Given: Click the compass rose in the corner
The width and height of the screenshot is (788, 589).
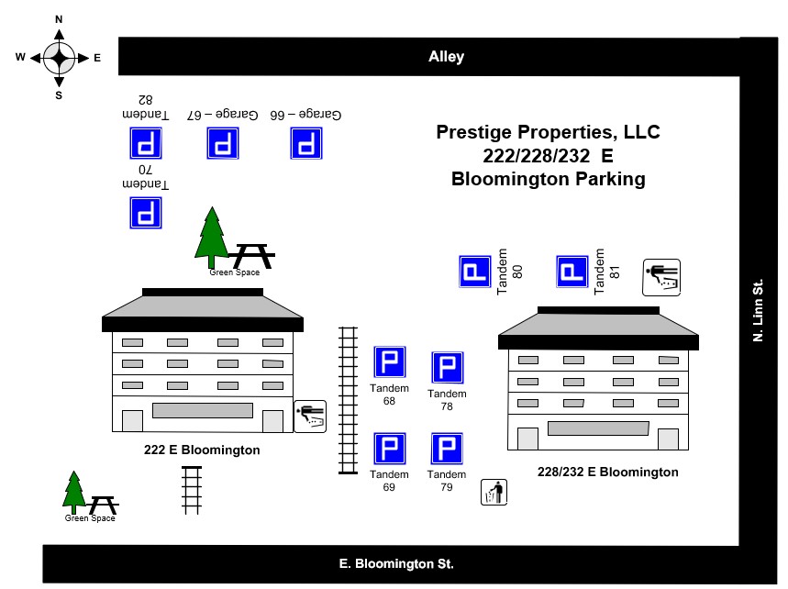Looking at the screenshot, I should coord(59,58).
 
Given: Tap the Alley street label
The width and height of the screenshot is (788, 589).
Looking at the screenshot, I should coord(447,57).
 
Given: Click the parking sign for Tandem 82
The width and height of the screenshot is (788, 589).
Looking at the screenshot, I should coord(146,144).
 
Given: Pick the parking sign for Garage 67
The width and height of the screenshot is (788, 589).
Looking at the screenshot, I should coord(223,144).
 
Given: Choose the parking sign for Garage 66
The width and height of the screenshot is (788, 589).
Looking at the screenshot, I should coord(307,144).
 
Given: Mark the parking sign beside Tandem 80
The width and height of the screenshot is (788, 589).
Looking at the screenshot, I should coord(475,272).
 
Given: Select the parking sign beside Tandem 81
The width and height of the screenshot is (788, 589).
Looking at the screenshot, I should coord(572,272).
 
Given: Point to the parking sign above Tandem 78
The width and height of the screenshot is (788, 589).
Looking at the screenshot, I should coord(448,367).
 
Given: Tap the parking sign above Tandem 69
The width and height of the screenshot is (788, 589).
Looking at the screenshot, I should coord(389,449).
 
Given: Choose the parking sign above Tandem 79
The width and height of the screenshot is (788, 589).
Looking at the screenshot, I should coord(447,449).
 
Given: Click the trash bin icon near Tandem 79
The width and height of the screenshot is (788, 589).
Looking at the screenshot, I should coord(494,493).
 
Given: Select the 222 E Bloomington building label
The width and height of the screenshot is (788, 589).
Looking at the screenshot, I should coord(202,450).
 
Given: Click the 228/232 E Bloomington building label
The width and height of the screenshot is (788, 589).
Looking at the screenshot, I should coord(608,472).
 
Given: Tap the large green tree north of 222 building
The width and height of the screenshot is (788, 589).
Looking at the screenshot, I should coord(212,235).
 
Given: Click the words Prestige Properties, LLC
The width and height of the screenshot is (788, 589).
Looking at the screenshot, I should coord(548,132).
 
